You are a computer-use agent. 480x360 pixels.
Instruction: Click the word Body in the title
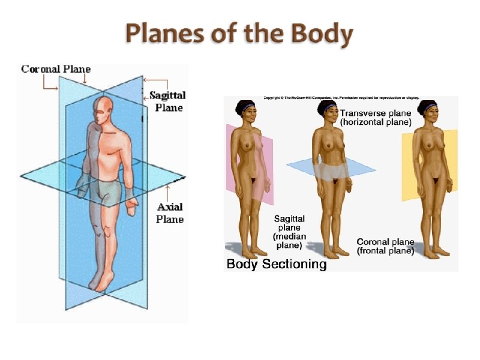[x=323, y=35]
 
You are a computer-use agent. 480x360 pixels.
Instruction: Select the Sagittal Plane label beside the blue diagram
[x=168, y=101]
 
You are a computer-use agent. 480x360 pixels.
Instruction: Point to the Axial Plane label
[x=170, y=213]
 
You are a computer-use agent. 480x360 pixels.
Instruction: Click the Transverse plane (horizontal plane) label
[x=376, y=117]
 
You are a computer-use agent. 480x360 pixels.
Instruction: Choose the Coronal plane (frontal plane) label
[x=385, y=247]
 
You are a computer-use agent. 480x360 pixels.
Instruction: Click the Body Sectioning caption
[x=276, y=264]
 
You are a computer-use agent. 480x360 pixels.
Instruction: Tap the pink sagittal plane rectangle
[x=264, y=168]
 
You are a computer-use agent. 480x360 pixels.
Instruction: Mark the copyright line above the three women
[x=341, y=98]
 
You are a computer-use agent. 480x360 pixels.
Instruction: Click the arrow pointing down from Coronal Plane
[x=86, y=79]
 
